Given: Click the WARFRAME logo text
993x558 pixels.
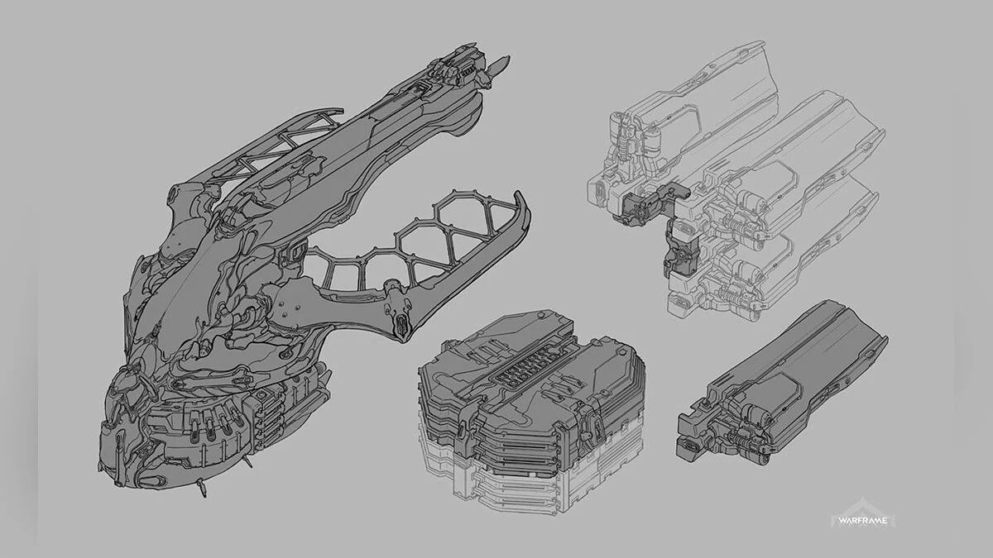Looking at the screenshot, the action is pyautogui.click(x=862, y=521).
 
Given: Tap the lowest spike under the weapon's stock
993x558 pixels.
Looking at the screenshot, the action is pyautogui.click(x=203, y=489).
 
